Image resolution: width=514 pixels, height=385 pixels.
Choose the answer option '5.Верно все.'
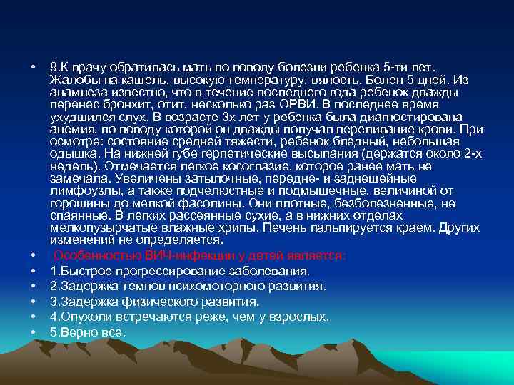(x=88, y=332)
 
